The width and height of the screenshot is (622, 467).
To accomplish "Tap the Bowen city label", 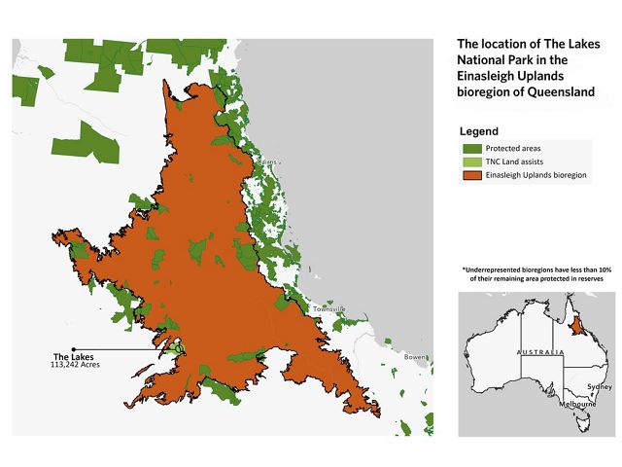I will pos(416,357).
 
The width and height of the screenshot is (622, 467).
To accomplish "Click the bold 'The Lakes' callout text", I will pos(72,355).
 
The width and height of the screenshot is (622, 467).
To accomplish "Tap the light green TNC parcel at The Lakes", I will pos(175,346).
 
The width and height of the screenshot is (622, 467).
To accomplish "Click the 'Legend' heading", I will pos(479,131).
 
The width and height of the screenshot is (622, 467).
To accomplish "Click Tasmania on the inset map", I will pos(585,421).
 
